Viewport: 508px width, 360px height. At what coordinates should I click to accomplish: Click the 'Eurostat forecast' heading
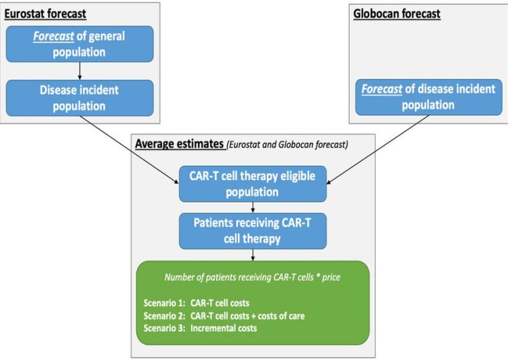point(45,14)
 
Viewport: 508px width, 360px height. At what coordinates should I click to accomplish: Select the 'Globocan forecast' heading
point(396,14)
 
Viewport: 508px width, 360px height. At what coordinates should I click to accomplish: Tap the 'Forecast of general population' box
point(80,44)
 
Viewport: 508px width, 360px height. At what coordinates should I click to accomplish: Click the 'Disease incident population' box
point(80,98)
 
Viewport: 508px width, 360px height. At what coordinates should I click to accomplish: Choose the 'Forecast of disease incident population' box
point(429,97)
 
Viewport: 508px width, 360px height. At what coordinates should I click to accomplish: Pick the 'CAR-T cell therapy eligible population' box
point(253,184)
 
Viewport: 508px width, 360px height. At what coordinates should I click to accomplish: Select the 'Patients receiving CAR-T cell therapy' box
point(253,231)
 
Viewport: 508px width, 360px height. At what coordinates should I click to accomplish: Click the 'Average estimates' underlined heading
point(179,144)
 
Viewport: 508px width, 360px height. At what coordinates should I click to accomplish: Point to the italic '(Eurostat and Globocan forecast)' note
point(287,144)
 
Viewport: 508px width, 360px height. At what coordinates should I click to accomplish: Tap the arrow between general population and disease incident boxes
point(80,71)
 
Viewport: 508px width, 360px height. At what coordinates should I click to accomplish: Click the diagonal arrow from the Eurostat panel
point(129,150)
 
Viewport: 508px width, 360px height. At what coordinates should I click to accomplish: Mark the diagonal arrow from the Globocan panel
point(378,150)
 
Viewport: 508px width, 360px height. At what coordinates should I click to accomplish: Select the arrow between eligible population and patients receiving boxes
point(253,208)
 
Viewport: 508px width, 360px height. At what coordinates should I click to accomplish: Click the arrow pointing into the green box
point(253,255)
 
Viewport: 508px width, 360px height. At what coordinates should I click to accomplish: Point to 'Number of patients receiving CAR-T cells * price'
point(253,277)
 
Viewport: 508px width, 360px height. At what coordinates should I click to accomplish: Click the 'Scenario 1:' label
point(164,303)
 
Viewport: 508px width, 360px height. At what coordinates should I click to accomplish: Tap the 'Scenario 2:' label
point(164,316)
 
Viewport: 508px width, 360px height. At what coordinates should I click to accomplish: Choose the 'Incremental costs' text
point(224,328)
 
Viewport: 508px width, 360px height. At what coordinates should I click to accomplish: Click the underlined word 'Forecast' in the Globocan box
point(382,89)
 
